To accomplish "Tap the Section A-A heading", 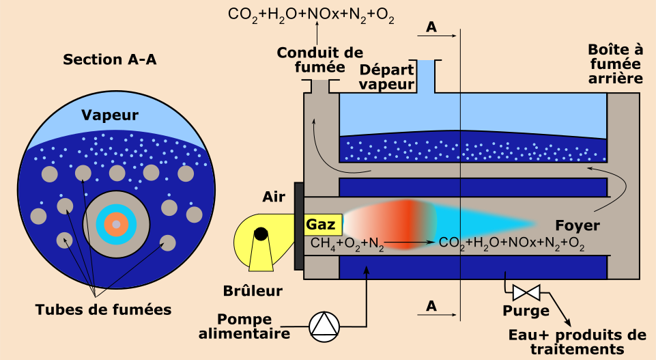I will [x=110, y=59].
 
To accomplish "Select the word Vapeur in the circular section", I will [x=109, y=115].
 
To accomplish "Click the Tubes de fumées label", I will [x=103, y=309].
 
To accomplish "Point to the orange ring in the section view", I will [x=116, y=224].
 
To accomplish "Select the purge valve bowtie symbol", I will [x=526, y=294].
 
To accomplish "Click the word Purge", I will [x=526, y=311].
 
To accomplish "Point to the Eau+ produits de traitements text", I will [x=577, y=342].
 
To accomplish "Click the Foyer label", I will [x=577, y=225].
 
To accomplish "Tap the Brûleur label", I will [x=253, y=291].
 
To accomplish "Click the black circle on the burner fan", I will [x=261, y=234].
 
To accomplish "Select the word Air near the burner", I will [x=274, y=197].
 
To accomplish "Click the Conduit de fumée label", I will [x=319, y=59].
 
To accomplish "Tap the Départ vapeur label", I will [x=387, y=77].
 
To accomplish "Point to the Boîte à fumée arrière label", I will [x=615, y=64].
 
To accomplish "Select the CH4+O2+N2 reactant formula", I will [x=347, y=243].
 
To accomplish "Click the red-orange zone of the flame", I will [x=410, y=219].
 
